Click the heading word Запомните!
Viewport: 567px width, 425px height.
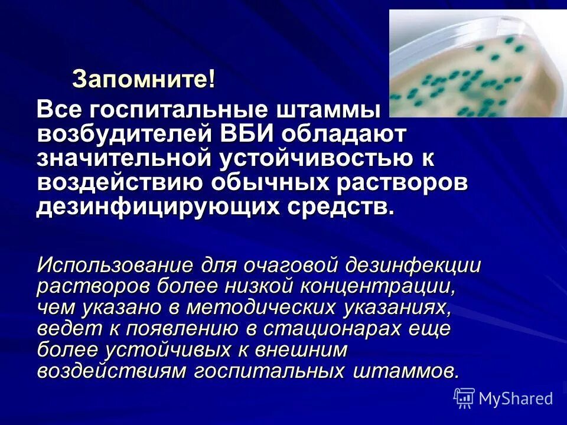click(x=143, y=80)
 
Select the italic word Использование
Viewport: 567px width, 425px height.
click(x=116, y=265)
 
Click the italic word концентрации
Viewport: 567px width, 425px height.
click(x=379, y=286)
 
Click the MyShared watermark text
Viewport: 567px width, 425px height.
click(x=516, y=398)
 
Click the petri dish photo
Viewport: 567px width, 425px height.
click(x=477, y=64)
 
